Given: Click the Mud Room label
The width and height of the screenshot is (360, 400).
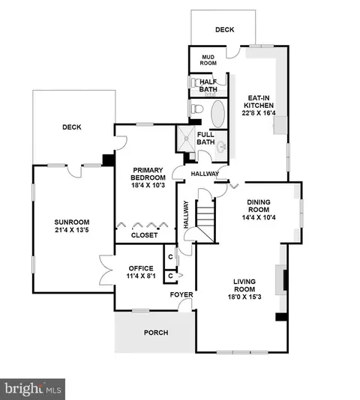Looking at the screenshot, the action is click(208, 60).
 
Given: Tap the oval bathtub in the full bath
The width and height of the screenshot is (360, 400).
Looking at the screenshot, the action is click(218, 114).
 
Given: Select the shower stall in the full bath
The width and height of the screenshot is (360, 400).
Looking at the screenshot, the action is click(186, 139).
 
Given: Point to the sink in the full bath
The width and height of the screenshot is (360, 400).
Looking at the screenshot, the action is click(221, 147).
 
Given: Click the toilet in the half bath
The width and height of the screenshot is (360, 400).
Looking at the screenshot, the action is click(196, 82).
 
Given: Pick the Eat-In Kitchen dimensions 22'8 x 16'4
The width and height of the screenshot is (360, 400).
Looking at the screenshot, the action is click(259, 113).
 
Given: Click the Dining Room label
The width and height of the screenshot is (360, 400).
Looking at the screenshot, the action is click(259, 206).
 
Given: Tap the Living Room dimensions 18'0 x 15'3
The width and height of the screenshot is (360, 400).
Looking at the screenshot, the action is click(244, 297).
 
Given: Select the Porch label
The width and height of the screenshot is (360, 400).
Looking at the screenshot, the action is click(156, 333).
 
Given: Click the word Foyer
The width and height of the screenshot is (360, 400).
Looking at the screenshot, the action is click(181, 294).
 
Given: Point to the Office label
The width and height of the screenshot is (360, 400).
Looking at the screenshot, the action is click(141, 268).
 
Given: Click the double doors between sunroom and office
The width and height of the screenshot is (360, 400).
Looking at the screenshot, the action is click(106, 270).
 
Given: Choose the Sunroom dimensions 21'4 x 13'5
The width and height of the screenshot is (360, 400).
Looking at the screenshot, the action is click(72, 230).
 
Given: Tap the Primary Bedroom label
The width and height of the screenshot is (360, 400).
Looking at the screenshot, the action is click(148, 174).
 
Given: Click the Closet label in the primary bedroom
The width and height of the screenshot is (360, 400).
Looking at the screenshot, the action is click(144, 235).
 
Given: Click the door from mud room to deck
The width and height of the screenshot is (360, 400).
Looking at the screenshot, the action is click(232, 52).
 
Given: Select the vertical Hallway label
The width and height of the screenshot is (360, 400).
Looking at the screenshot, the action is click(186, 214).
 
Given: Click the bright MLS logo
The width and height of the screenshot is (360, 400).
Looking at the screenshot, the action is click(33, 390).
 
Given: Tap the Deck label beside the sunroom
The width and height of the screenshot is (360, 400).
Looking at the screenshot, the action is click(72, 127).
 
